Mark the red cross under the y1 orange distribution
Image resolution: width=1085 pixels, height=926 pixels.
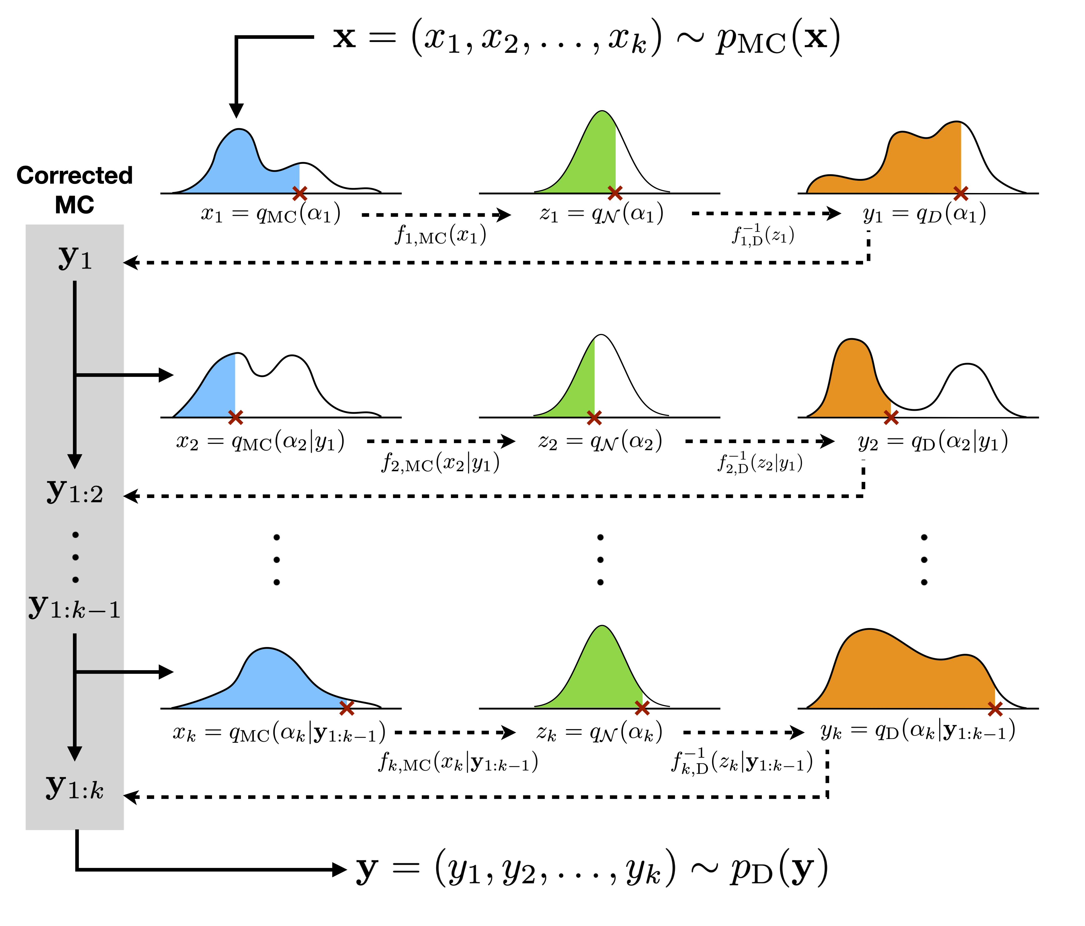coord(960,193)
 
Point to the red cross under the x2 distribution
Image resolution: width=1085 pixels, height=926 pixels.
coord(236,418)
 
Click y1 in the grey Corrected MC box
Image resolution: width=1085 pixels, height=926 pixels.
coord(75,258)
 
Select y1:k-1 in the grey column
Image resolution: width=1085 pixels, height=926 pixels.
coord(75,607)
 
